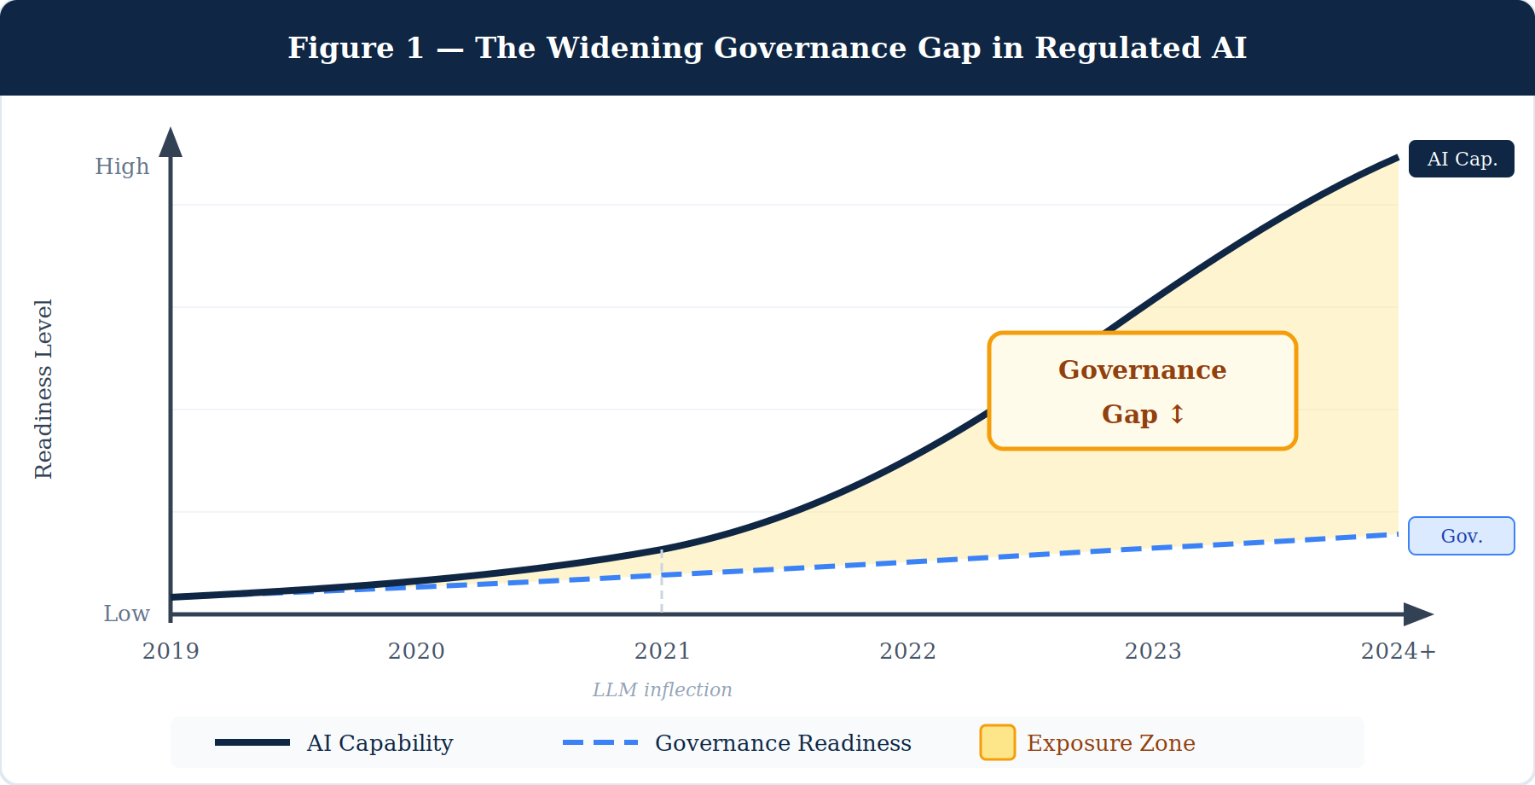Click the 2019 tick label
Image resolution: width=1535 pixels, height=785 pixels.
coord(171,651)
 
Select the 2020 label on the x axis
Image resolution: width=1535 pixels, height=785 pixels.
coord(416,651)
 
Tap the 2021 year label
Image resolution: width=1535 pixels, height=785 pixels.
coord(662,651)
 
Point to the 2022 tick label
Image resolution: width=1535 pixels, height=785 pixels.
coord(907,651)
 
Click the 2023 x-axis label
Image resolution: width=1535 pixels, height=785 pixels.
coord(1153,651)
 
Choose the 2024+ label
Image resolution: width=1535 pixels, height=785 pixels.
coord(1399,651)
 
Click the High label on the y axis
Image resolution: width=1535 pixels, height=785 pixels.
coord(122,166)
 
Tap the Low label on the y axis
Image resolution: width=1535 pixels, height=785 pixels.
coord(126,613)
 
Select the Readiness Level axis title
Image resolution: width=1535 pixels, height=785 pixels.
coord(43,389)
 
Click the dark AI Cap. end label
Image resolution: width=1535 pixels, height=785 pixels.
coord(1461,159)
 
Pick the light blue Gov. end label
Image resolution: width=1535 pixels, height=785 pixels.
coord(1461,536)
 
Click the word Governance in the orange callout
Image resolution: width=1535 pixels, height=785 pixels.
coord(1142,369)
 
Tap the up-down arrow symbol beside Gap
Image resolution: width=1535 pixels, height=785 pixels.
coord(1177,414)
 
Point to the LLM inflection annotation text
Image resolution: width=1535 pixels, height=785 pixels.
coord(662,689)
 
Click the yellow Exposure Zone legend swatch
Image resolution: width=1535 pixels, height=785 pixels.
coord(997,742)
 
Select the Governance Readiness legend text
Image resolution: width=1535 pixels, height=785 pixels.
coord(783,743)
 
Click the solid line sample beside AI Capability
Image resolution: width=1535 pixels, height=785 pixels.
coord(252,742)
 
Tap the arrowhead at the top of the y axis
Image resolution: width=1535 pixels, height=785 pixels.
coord(171,142)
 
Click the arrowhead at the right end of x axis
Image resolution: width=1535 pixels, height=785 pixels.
coord(1417,613)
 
